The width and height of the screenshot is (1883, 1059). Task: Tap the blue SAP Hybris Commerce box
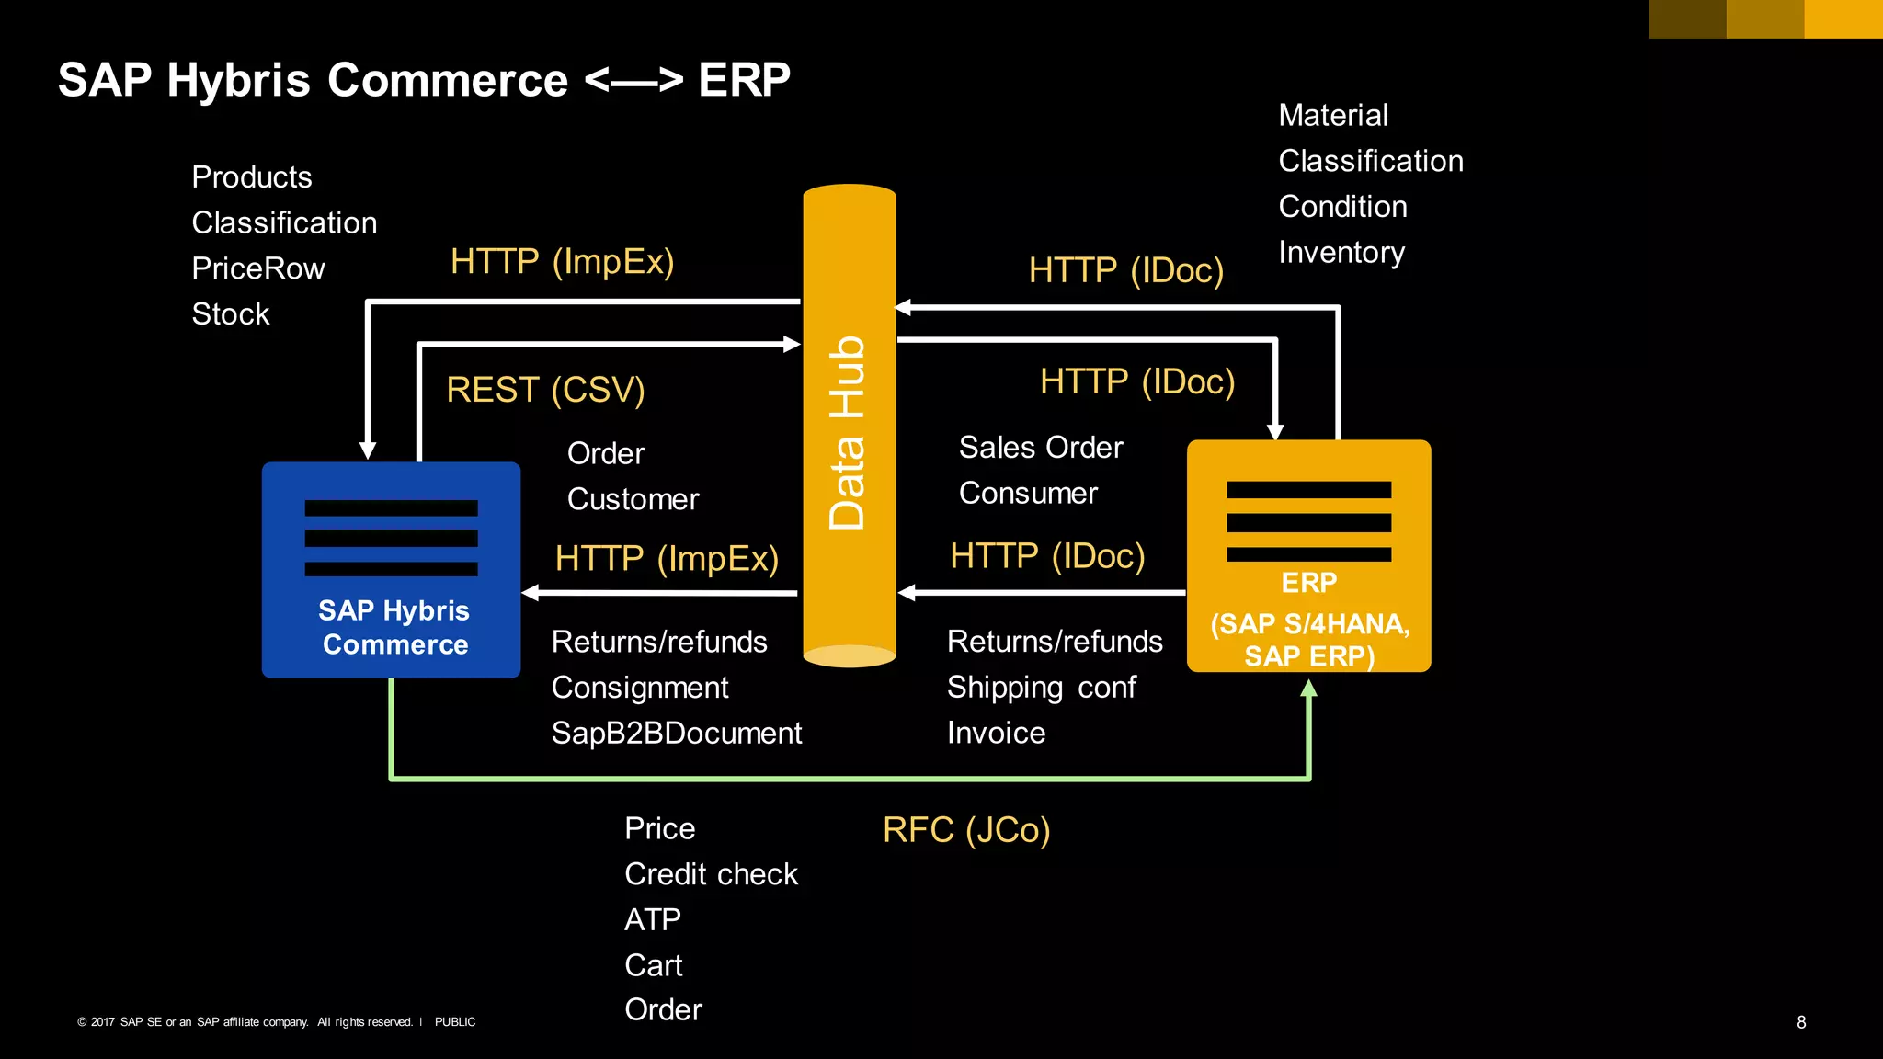click(x=391, y=570)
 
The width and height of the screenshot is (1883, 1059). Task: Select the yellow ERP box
click(x=1308, y=556)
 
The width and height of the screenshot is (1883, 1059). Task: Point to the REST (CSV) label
click(x=545, y=390)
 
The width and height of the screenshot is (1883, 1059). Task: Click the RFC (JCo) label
click(x=965, y=830)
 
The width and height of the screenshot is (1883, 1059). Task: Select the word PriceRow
click(x=258, y=268)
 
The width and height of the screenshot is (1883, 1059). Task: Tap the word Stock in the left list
click(x=231, y=314)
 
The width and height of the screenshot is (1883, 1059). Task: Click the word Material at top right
click(x=1332, y=116)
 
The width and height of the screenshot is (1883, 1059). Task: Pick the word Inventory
click(x=1341, y=253)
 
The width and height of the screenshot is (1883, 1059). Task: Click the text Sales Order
click(x=1041, y=448)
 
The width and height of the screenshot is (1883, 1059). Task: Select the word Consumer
click(x=1028, y=494)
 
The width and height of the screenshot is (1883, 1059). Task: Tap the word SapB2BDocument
click(x=676, y=734)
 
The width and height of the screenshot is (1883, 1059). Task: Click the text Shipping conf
click(x=1041, y=688)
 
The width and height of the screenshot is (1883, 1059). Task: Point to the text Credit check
click(x=711, y=874)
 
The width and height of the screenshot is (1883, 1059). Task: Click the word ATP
click(x=652, y=919)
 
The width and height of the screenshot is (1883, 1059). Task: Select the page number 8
click(x=1801, y=1022)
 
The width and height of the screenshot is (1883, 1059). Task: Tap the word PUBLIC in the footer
click(x=455, y=1022)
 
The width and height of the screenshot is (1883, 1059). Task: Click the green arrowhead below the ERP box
click(x=1308, y=689)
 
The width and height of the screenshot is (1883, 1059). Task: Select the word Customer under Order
click(x=633, y=499)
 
